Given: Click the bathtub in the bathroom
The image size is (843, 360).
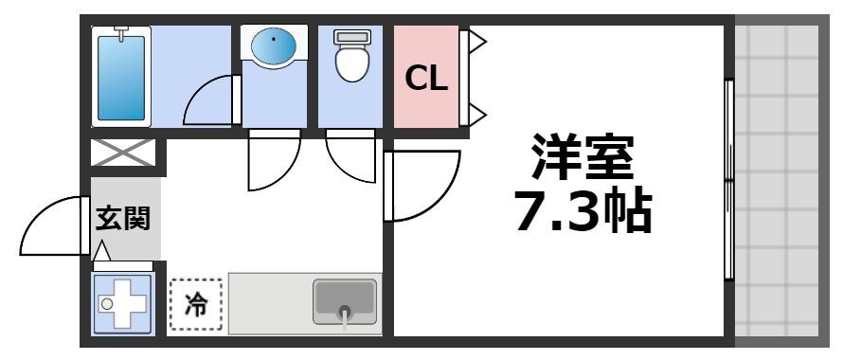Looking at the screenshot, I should pos(120,75).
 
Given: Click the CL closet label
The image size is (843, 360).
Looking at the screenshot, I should pos(426,79).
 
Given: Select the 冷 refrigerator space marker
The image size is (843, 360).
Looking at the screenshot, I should pos(196,305).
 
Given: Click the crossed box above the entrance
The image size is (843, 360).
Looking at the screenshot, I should pos(123,153).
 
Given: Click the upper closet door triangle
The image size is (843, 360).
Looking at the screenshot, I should pos(476,41).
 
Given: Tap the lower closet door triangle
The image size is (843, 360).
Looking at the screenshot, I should pos(476,115).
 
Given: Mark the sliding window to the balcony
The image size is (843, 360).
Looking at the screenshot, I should pos(728,180).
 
